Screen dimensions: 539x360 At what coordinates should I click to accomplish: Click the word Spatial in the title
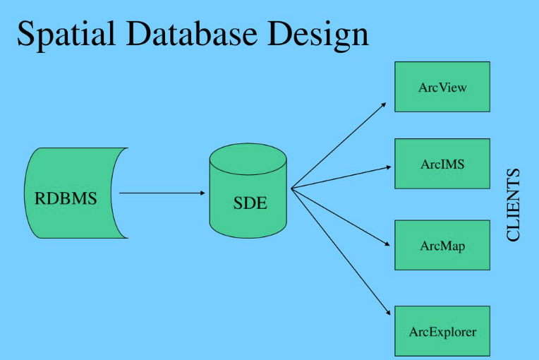pyautogui.click(x=66, y=34)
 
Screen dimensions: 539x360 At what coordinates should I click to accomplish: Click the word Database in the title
pyautogui.click(x=192, y=33)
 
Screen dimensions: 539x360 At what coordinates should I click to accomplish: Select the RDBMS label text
pyautogui.click(x=66, y=198)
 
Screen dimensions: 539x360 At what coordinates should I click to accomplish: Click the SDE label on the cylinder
pyautogui.click(x=250, y=203)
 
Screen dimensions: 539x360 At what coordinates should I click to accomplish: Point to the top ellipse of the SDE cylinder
pyautogui.click(x=248, y=160)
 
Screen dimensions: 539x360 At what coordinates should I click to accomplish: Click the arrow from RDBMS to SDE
pyautogui.click(x=162, y=193)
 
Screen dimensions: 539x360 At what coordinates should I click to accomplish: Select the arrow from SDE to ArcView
pyautogui.click(x=339, y=145)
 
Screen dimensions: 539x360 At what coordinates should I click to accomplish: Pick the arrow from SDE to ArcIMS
pyautogui.click(x=341, y=178)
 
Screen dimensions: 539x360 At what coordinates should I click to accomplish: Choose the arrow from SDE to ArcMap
pyautogui.click(x=340, y=217)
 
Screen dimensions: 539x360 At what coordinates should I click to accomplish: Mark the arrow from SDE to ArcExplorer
pyautogui.click(x=341, y=252)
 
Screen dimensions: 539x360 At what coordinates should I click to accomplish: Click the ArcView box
pyautogui.click(x=442, y=87)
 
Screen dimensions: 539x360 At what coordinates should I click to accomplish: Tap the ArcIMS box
pyautogui.click(x=442, y=164)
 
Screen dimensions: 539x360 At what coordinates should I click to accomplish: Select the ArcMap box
pyautogui.click(x=442, y=245)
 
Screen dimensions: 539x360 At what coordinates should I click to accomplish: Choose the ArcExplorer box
pyautogui.click(x=442, y=331)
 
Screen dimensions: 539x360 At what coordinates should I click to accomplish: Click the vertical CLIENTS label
pyautogui.click(x=513, y=205)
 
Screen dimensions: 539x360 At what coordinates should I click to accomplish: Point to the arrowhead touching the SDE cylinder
pyautogui.click(x=202, y=193)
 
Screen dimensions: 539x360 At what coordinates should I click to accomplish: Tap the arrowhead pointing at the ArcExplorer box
pyautogui.click(x=388, y=313)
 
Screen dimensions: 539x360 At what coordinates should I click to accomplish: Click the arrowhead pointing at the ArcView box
pyautogui.click(x=384, y=105)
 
